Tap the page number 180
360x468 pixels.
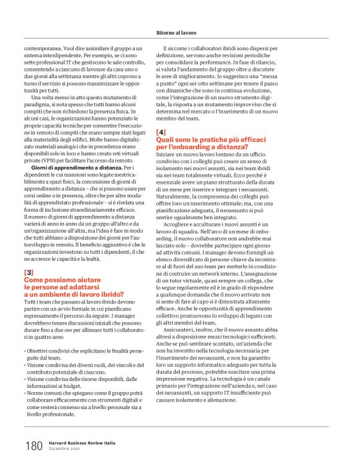[34, 445]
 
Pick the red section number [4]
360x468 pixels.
[161, 132]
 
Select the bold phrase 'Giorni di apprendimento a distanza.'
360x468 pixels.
[77, 168]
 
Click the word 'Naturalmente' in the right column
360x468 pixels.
[176, 194]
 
